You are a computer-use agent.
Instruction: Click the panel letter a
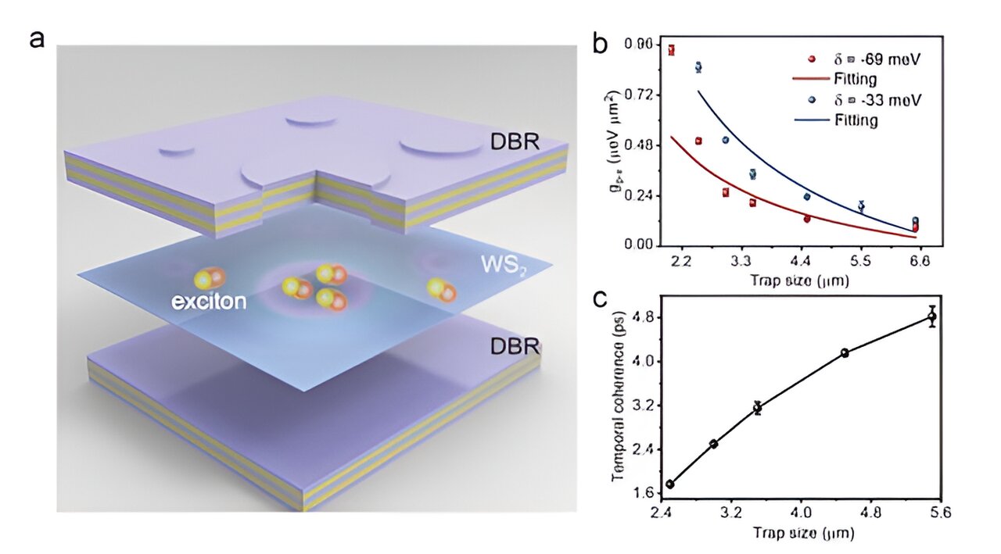[38, 39]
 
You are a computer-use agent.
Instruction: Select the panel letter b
[601, 44]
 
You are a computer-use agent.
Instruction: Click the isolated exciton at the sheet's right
[440, 288]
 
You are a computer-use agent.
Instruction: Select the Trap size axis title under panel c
[802, 534]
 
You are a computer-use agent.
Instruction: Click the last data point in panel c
[931, 316]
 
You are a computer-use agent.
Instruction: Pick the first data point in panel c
[670, 484]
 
